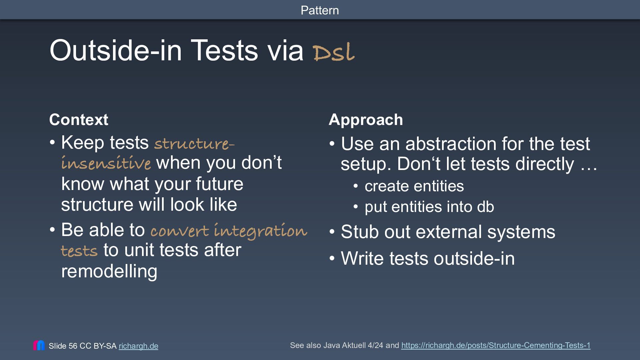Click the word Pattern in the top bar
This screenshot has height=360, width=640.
pyautogui.click(x=320, y=10)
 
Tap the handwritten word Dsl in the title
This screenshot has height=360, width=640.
pyautogui.click(x=334, y=52)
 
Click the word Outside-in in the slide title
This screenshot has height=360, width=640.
pyautogui.click(x=116, y=50)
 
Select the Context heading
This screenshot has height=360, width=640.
pyautogui.click(x=79, y=120)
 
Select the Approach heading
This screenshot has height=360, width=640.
pyautogui.click(x=366, y=120)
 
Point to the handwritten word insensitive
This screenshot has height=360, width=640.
pyautogui.click(x=106, y=163)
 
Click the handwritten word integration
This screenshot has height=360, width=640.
pyautogui.click(x=260, y=231)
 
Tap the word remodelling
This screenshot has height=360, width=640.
pyautogui.click(x=109, y=271)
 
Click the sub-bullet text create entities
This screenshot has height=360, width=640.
pyautogui.click(x=414, y=186)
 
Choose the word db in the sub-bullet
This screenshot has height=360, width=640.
pyautogui.click(x=485, y=207)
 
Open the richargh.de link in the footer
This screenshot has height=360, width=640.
pyautogui.click(x=138, y=346)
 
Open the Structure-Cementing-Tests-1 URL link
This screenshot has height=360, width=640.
pyautogui.click(x=496, y=345)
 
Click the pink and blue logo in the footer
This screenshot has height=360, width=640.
pyautogui.click(x=39, y=345)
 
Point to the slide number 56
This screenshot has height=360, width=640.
pyautogui.click(x=73, y=346)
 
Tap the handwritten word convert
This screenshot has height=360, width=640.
pyautogui.click(x=180, y=231)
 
